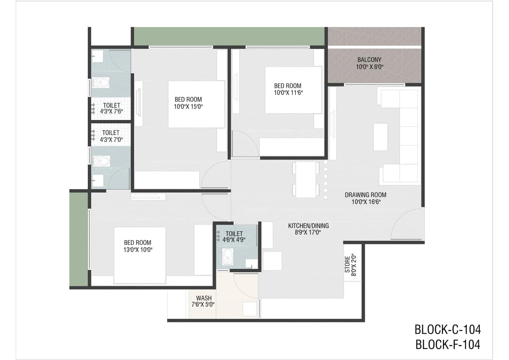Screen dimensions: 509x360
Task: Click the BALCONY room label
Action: click(369, 60)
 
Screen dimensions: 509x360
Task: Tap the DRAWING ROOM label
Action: click(365, 195)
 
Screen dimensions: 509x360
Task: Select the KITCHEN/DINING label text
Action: click(308, 226)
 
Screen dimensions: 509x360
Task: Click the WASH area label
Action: click(204, 298)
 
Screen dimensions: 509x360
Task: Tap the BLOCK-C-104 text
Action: click(447, 330)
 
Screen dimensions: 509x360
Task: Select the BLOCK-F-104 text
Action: click(447, 345)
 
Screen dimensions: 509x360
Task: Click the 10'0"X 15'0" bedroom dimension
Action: click(188, 106)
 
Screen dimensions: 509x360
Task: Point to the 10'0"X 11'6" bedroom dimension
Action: click(288, 93)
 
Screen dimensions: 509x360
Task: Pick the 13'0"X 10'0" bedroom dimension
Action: click(138, 250)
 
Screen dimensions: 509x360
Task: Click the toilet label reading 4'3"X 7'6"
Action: click(111, 109)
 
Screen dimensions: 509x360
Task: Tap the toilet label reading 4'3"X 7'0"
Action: click(111, 136)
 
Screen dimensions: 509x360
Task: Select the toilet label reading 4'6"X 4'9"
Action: click(234, 237)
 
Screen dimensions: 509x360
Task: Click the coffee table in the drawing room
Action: click(380, 137)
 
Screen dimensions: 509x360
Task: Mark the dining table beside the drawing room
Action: click(306, 180)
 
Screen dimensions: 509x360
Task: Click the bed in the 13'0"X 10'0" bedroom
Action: click(140, 255)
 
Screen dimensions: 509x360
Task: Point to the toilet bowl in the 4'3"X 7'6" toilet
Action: click(101, 83)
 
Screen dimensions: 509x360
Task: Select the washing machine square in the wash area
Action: click(249, 309)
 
